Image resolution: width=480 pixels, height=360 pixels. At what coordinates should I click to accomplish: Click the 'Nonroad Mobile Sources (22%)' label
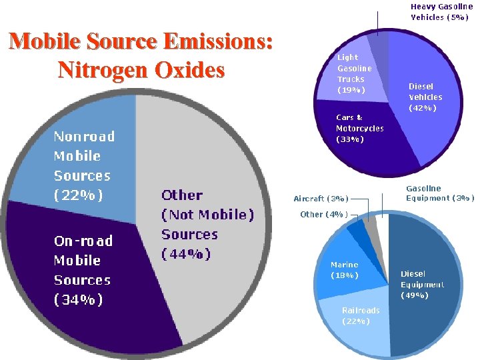[84, 165]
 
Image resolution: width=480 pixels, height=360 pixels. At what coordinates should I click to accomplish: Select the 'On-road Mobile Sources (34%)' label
[83, 270]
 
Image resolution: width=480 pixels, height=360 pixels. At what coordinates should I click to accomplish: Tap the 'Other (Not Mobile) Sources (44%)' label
[207, 224]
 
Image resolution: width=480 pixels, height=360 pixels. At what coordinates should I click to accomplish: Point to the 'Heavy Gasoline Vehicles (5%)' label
[441, 12]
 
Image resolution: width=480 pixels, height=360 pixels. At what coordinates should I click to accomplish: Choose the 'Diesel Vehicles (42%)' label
[425, 97]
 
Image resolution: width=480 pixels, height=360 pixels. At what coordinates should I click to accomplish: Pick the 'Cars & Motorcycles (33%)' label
[359, 129]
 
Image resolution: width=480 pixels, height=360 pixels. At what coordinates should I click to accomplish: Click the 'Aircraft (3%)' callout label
[320, 199]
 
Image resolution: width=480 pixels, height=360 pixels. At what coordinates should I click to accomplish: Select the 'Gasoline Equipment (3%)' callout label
[440, 193]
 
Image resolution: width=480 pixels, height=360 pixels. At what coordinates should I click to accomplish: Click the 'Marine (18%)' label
[345, 270]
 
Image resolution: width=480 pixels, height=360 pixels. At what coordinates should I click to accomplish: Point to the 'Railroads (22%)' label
[360, 315]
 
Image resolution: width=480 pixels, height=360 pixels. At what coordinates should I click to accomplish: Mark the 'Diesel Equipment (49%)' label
[421, 284]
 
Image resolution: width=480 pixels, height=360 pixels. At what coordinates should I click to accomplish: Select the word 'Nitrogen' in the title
[102, 70]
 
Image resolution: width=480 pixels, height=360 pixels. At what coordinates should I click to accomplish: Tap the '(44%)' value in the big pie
[186, 254]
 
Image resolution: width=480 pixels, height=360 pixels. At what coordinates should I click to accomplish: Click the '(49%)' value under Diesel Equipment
[414, 295]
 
